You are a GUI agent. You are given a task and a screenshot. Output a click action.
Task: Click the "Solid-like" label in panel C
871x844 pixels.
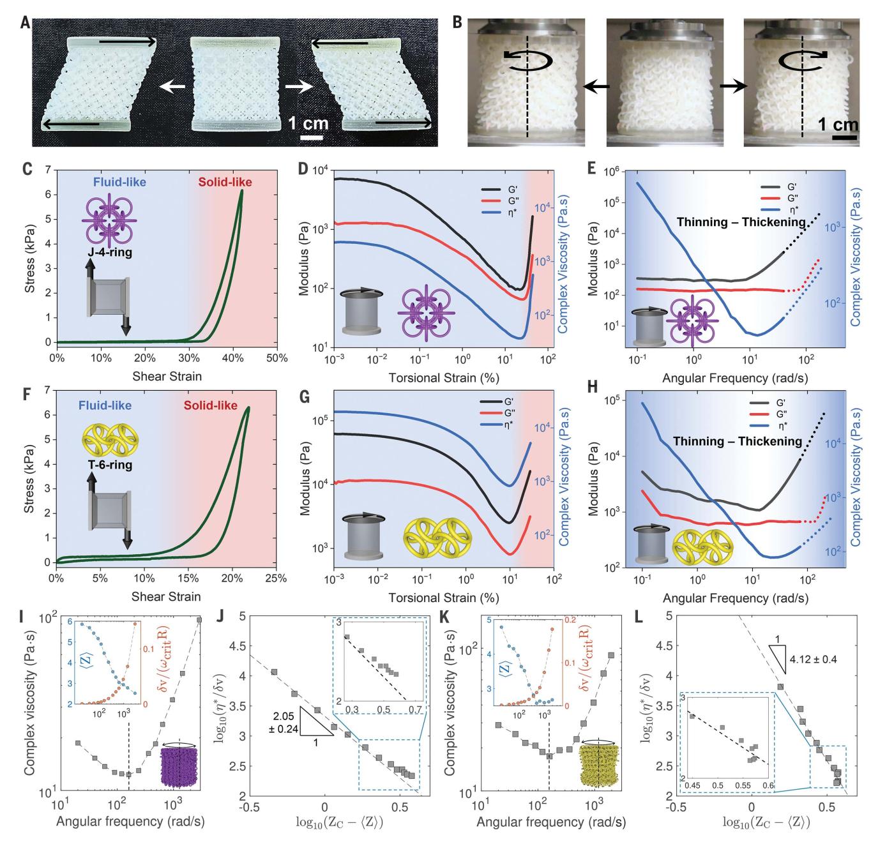click(x=225, y=183)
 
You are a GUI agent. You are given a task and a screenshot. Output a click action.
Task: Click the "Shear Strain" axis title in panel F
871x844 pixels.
click(x=167, y=598)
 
